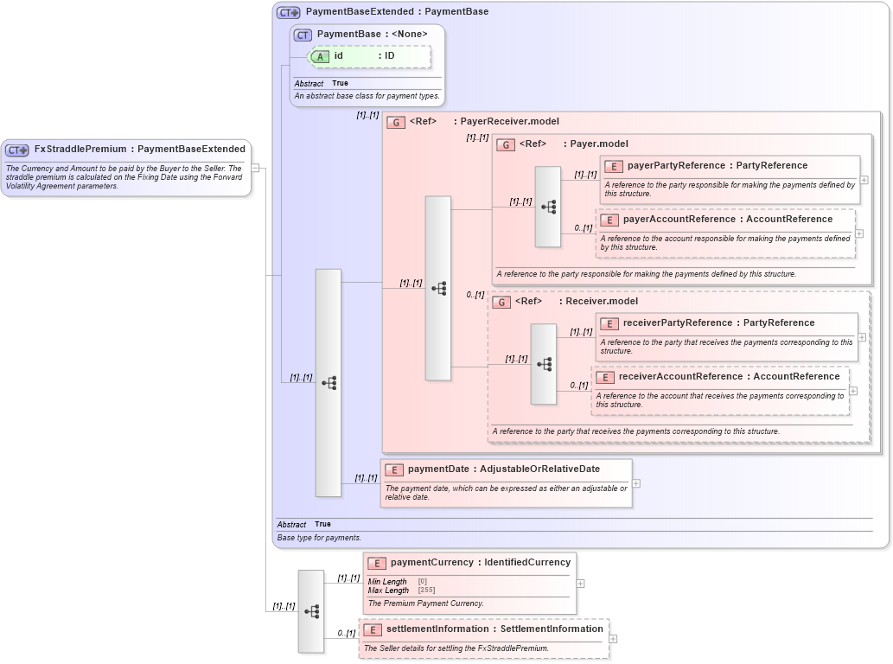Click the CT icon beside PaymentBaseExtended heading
tap(288, 13)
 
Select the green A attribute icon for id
tap(320, 56)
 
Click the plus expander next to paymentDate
tap(636, 484)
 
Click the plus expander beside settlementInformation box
tap(614, 639)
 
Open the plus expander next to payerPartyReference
tap(864, 180)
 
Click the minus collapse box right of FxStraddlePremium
tap(256, 168)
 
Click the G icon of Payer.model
tap(506, 144)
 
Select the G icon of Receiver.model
tap(501, 302)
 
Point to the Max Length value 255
tap(426, 591)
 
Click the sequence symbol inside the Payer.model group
tap(548, 207)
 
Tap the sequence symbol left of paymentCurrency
tap(311, 611)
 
